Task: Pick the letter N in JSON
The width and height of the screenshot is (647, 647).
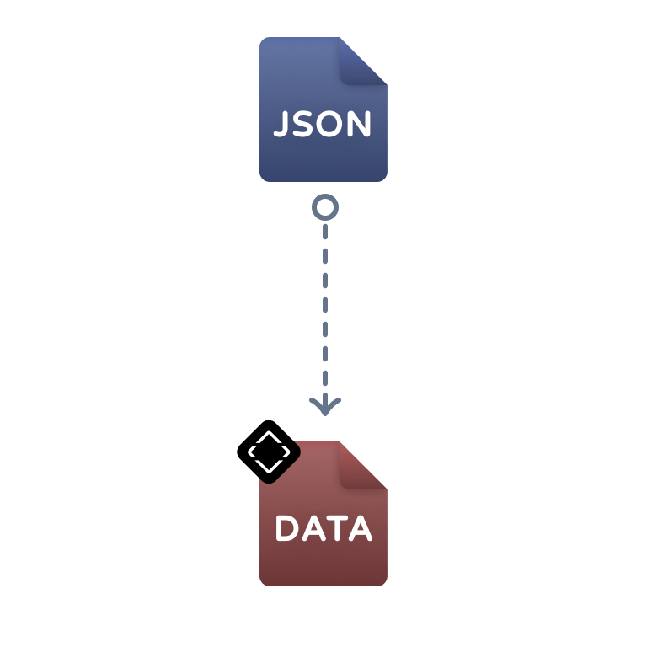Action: point(358,125)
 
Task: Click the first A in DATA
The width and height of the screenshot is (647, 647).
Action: point(313,529)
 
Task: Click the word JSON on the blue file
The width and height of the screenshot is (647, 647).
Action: point(323,125)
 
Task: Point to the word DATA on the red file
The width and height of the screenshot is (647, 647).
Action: point(323,529)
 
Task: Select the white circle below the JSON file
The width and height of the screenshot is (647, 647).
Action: point(324,206)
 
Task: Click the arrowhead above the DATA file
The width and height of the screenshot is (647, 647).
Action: point(324,406)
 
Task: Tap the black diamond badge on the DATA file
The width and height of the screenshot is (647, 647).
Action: point(268,452)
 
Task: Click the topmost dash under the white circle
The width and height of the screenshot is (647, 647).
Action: point(324,232)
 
